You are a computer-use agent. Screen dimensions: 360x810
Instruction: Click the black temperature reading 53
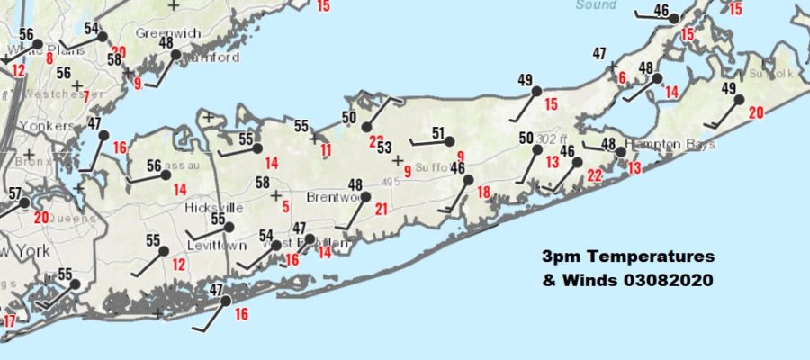pyautogui.click(x=384, y=148)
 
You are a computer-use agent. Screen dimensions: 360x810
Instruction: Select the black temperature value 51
pyautogui.click(x=438, y=134)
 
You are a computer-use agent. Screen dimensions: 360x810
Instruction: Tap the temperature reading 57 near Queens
pyautogui.click(x=14, y=193)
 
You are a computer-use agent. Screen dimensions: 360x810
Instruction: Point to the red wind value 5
pyautogui.click(x=285, y=208)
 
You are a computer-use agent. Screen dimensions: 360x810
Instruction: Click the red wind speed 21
pyautogui.click(x=381, y=210)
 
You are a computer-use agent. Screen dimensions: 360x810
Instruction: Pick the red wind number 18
pyautogui.click(x=484, y=192)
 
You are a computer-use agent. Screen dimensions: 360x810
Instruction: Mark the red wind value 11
pyautogui.click(x=326, y=149)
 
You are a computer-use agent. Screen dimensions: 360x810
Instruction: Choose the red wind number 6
pyautogui.click(x=622, y=78)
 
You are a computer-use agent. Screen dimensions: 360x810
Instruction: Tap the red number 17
pyautogui.click(x=9, y=321)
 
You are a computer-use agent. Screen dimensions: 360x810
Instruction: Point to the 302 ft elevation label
pyautogui.click(x=553, y=139)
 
